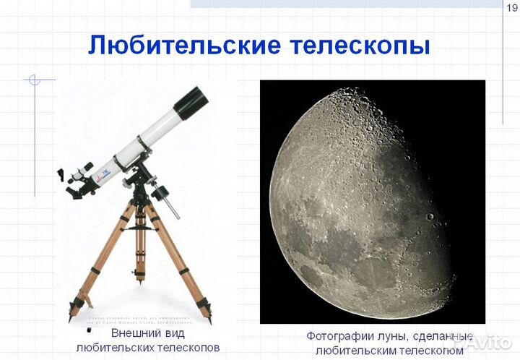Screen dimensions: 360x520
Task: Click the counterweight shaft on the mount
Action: coord(170,202)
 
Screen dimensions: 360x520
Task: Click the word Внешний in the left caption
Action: coord(133,333)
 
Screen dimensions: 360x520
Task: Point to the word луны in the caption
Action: coord(391,336)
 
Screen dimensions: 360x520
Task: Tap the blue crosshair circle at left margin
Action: coord(33,80)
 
